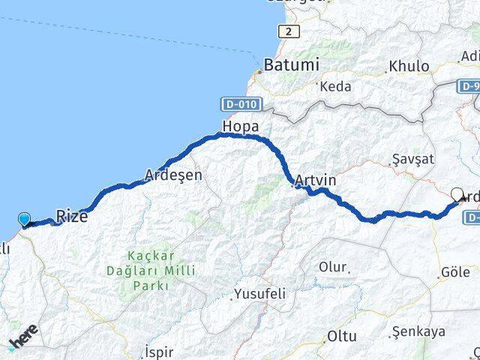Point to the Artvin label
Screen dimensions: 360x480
316,181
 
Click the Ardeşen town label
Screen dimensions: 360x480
173,175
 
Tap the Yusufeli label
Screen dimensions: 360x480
259,293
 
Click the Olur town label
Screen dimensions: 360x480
332,267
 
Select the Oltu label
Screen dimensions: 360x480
342,337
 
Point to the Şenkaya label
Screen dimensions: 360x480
418,331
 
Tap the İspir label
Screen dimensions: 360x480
158,351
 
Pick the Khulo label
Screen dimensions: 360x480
409,67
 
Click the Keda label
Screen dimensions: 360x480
335,87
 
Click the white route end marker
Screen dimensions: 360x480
457,193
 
